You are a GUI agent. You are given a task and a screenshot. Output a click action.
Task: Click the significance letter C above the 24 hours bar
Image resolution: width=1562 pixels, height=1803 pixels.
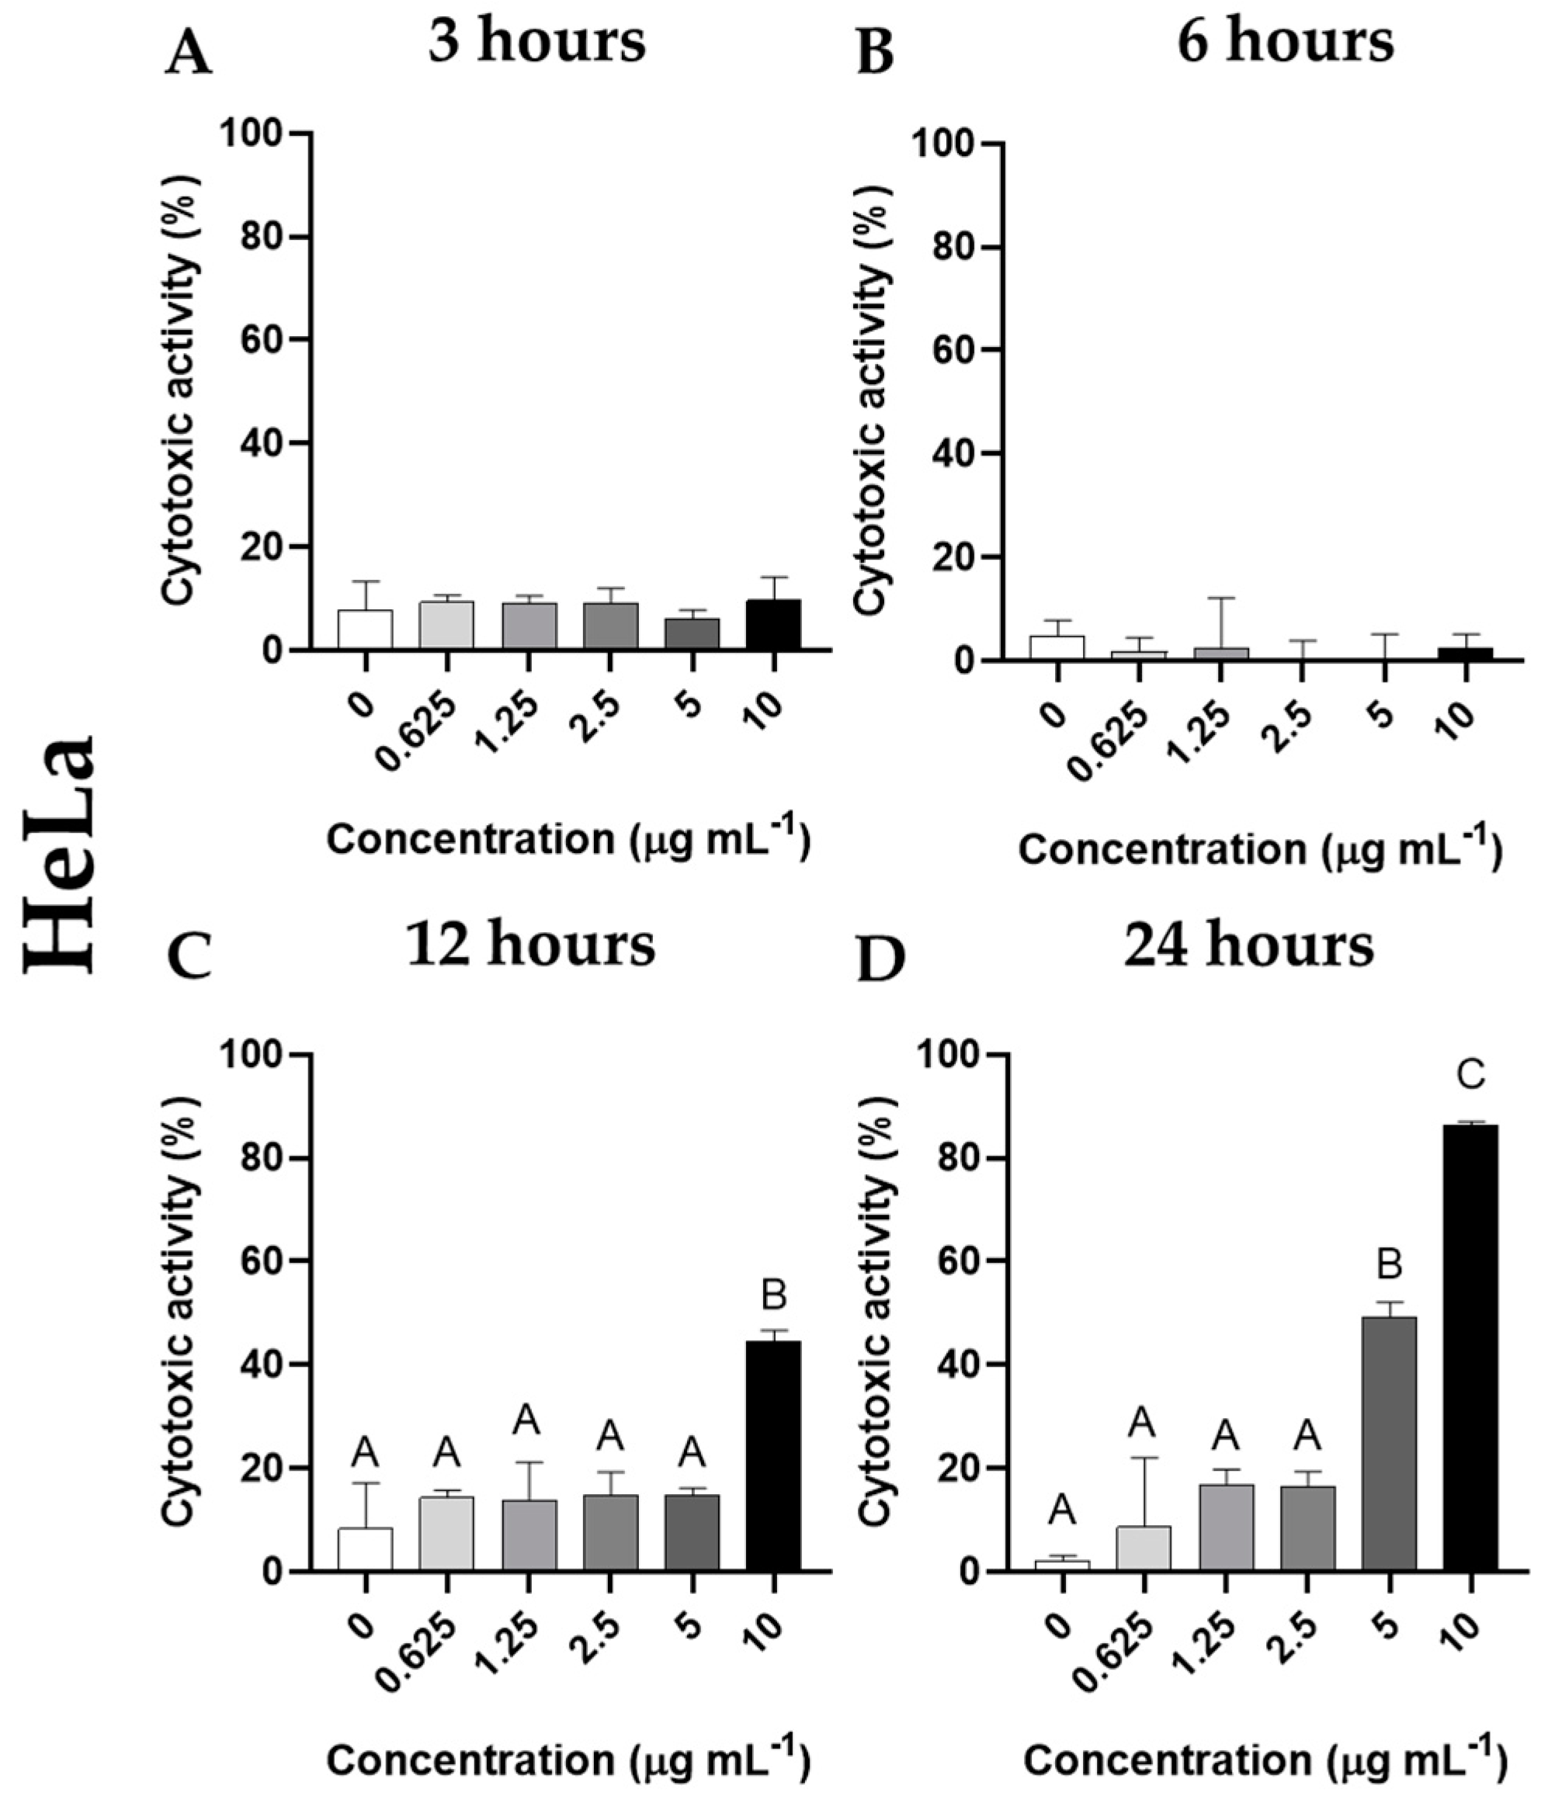[1471, 1077]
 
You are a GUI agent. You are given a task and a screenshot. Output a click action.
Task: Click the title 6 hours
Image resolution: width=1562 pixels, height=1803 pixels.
[1285, 42]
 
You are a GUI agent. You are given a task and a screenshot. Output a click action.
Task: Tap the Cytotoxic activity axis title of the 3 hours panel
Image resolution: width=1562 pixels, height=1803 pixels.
[180, 392]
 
